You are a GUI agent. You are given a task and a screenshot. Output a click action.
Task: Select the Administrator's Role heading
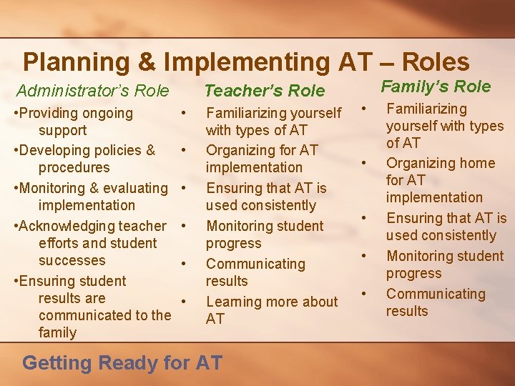pyautogui.click(x=92, y=91)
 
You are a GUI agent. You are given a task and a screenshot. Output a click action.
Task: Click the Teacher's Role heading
pyautogui.click(x=265, y=91)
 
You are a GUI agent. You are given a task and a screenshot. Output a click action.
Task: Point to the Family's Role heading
pyautogui.click(x=436, y=86)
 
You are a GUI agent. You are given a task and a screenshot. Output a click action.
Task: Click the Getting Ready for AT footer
pyautogui.click(x=122, y=362)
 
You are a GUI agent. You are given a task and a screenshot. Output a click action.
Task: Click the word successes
pyautogui.click(x=72, y=260)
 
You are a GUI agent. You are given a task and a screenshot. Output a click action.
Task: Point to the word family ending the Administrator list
pyautogui.click(x=57, y=332)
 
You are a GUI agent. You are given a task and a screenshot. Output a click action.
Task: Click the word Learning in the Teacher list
pyautogui.click(x=235, y=302)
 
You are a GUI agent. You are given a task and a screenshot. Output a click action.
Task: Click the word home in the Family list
pyautogui.click(x=476, y=162)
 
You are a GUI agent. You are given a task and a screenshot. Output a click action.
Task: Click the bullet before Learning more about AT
pyautogui.click(x=184, y=300)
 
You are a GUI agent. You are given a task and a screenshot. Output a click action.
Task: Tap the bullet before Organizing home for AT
pyautogui.click(x=364, y=163)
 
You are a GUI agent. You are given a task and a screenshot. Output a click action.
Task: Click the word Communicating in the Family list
pyautogui.click(x=436, y=294)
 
